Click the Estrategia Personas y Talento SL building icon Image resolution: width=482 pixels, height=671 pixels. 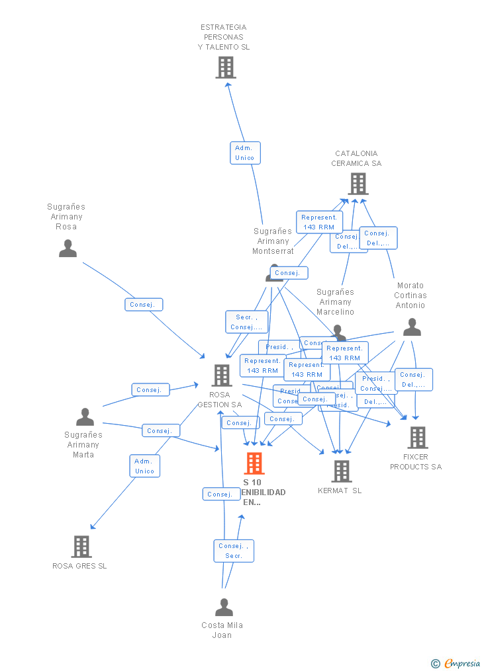coord(226,67)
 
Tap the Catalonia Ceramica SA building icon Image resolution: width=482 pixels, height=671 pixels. coord(358,184)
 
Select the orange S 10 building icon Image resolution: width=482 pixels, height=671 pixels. coord(254,463)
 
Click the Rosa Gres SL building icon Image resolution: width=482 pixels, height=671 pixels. coord(81,547)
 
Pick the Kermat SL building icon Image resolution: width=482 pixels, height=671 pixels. coord(342,471)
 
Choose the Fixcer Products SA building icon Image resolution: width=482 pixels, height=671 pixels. coord(417,437)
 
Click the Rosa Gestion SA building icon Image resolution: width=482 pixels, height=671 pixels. coord(221,375)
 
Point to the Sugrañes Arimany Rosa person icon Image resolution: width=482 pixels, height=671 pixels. coord(68,249)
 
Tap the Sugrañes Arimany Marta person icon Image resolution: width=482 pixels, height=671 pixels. coord(85,417)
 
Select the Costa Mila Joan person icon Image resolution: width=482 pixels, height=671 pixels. coord(224,607)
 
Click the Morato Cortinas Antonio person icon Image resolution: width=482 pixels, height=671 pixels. coord(412,327)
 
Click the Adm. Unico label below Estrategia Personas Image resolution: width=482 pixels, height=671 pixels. coord(245,153)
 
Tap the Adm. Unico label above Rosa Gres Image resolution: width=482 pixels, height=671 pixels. coord(144,466)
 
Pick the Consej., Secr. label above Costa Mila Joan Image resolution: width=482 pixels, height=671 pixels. coord(234,551)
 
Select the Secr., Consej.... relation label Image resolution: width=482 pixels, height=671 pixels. coord(247,322)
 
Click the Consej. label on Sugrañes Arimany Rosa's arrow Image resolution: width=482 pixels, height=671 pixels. coord(143,305)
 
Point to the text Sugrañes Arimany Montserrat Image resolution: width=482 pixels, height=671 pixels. coord(273,241)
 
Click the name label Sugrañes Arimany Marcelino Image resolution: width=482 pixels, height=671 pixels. coord(335,301)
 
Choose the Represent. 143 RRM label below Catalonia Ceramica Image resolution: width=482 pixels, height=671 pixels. coord(319,222)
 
